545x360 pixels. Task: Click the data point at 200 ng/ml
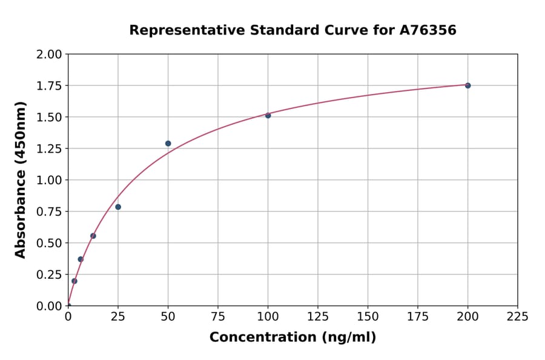coord(467,85)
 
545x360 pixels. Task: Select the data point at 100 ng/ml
coord(268,115)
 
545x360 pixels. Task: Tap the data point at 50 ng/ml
coord(168,144)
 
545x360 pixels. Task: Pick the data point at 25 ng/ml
coord(118,207)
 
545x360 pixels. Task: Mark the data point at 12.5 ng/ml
coord(93,236)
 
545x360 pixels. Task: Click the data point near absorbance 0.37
coord(81,259)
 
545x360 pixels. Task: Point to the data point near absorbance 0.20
coord(74,281)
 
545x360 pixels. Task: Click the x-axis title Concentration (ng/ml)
coord(292,337)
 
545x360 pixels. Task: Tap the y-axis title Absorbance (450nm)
coord(21,180)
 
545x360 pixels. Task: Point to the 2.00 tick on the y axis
coord(49,55)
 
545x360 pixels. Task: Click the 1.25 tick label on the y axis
coord(49,148)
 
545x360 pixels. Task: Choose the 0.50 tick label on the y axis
coord(49,243)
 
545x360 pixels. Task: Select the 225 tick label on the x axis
coord(518,316)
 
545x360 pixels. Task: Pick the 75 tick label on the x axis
coord(218,316)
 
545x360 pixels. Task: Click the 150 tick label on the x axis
coord(368,316)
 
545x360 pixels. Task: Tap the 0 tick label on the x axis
coord(68,316)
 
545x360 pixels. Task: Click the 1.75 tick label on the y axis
coord(49,86)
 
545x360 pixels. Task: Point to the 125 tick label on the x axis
coord(318,316)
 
